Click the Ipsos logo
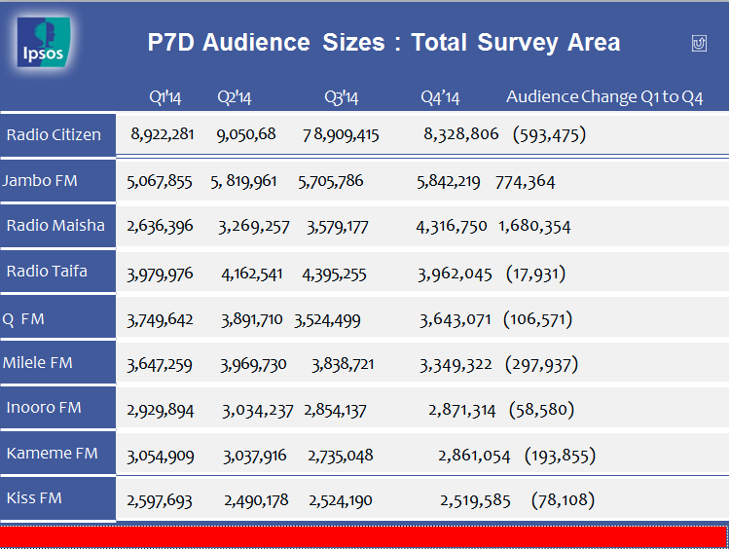(x=43, y=42)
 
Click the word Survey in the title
(x=518, y=43)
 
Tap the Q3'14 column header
(x=342, y=97)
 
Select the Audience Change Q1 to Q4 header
(x=604, y=96)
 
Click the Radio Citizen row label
(x=54, y=134)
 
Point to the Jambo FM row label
(x=40, y=180)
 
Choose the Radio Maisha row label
(x=55, y=226)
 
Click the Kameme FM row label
(x=53, y=454)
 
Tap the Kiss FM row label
(x=34, y=497)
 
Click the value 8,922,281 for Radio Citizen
(x=163, y=134)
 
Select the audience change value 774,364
(x=525, y=182)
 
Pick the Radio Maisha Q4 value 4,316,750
(x=452, y=227)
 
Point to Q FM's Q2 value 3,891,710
(x=251, y=319)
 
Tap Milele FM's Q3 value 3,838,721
(x=343, y=364)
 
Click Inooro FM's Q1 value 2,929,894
(x=161, y=410)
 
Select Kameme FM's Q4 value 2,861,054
(x=474, y=456)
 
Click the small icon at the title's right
(x=699, y=43)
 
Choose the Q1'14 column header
(x=165, y=97)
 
